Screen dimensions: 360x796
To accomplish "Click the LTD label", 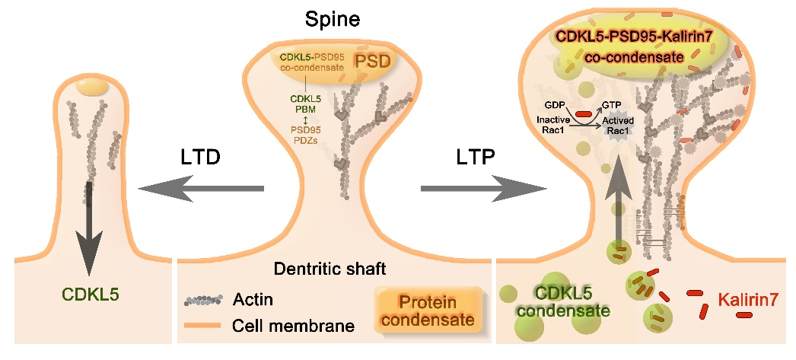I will click(200, 158).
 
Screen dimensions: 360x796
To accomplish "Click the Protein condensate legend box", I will click(429, 308).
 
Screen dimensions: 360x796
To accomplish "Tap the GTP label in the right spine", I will click(613, 105).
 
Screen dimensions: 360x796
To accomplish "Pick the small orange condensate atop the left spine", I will click(92, 88).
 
